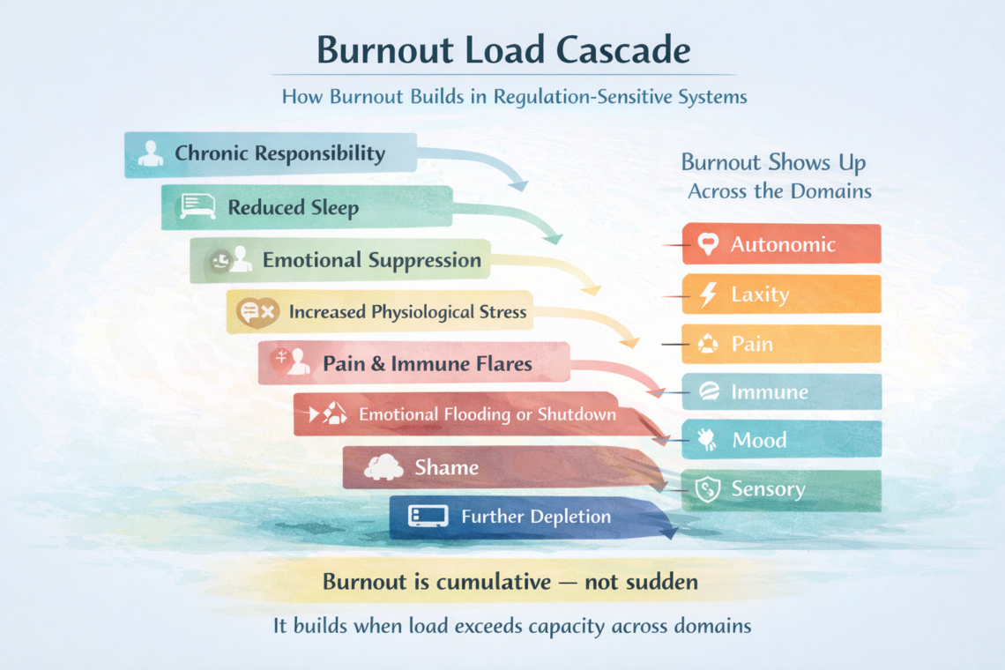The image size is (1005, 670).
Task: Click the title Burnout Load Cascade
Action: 502,49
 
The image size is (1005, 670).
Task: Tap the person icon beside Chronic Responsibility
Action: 151,153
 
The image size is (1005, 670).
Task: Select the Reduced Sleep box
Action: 307,208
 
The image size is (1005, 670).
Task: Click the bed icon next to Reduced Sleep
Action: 197,207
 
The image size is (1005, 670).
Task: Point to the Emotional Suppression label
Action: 371,260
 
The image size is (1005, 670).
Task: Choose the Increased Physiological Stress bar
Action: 379,312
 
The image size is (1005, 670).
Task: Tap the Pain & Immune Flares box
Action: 414,363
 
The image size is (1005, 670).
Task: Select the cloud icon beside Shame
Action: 383,467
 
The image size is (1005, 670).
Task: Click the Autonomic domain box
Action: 781,244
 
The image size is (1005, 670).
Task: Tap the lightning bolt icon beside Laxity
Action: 708,294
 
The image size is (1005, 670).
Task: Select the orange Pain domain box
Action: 781,344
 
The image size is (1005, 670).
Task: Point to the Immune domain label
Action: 769,392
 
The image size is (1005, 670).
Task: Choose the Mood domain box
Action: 781,440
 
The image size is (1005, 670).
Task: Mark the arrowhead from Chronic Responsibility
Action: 519,184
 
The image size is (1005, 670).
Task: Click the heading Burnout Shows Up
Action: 773,163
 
